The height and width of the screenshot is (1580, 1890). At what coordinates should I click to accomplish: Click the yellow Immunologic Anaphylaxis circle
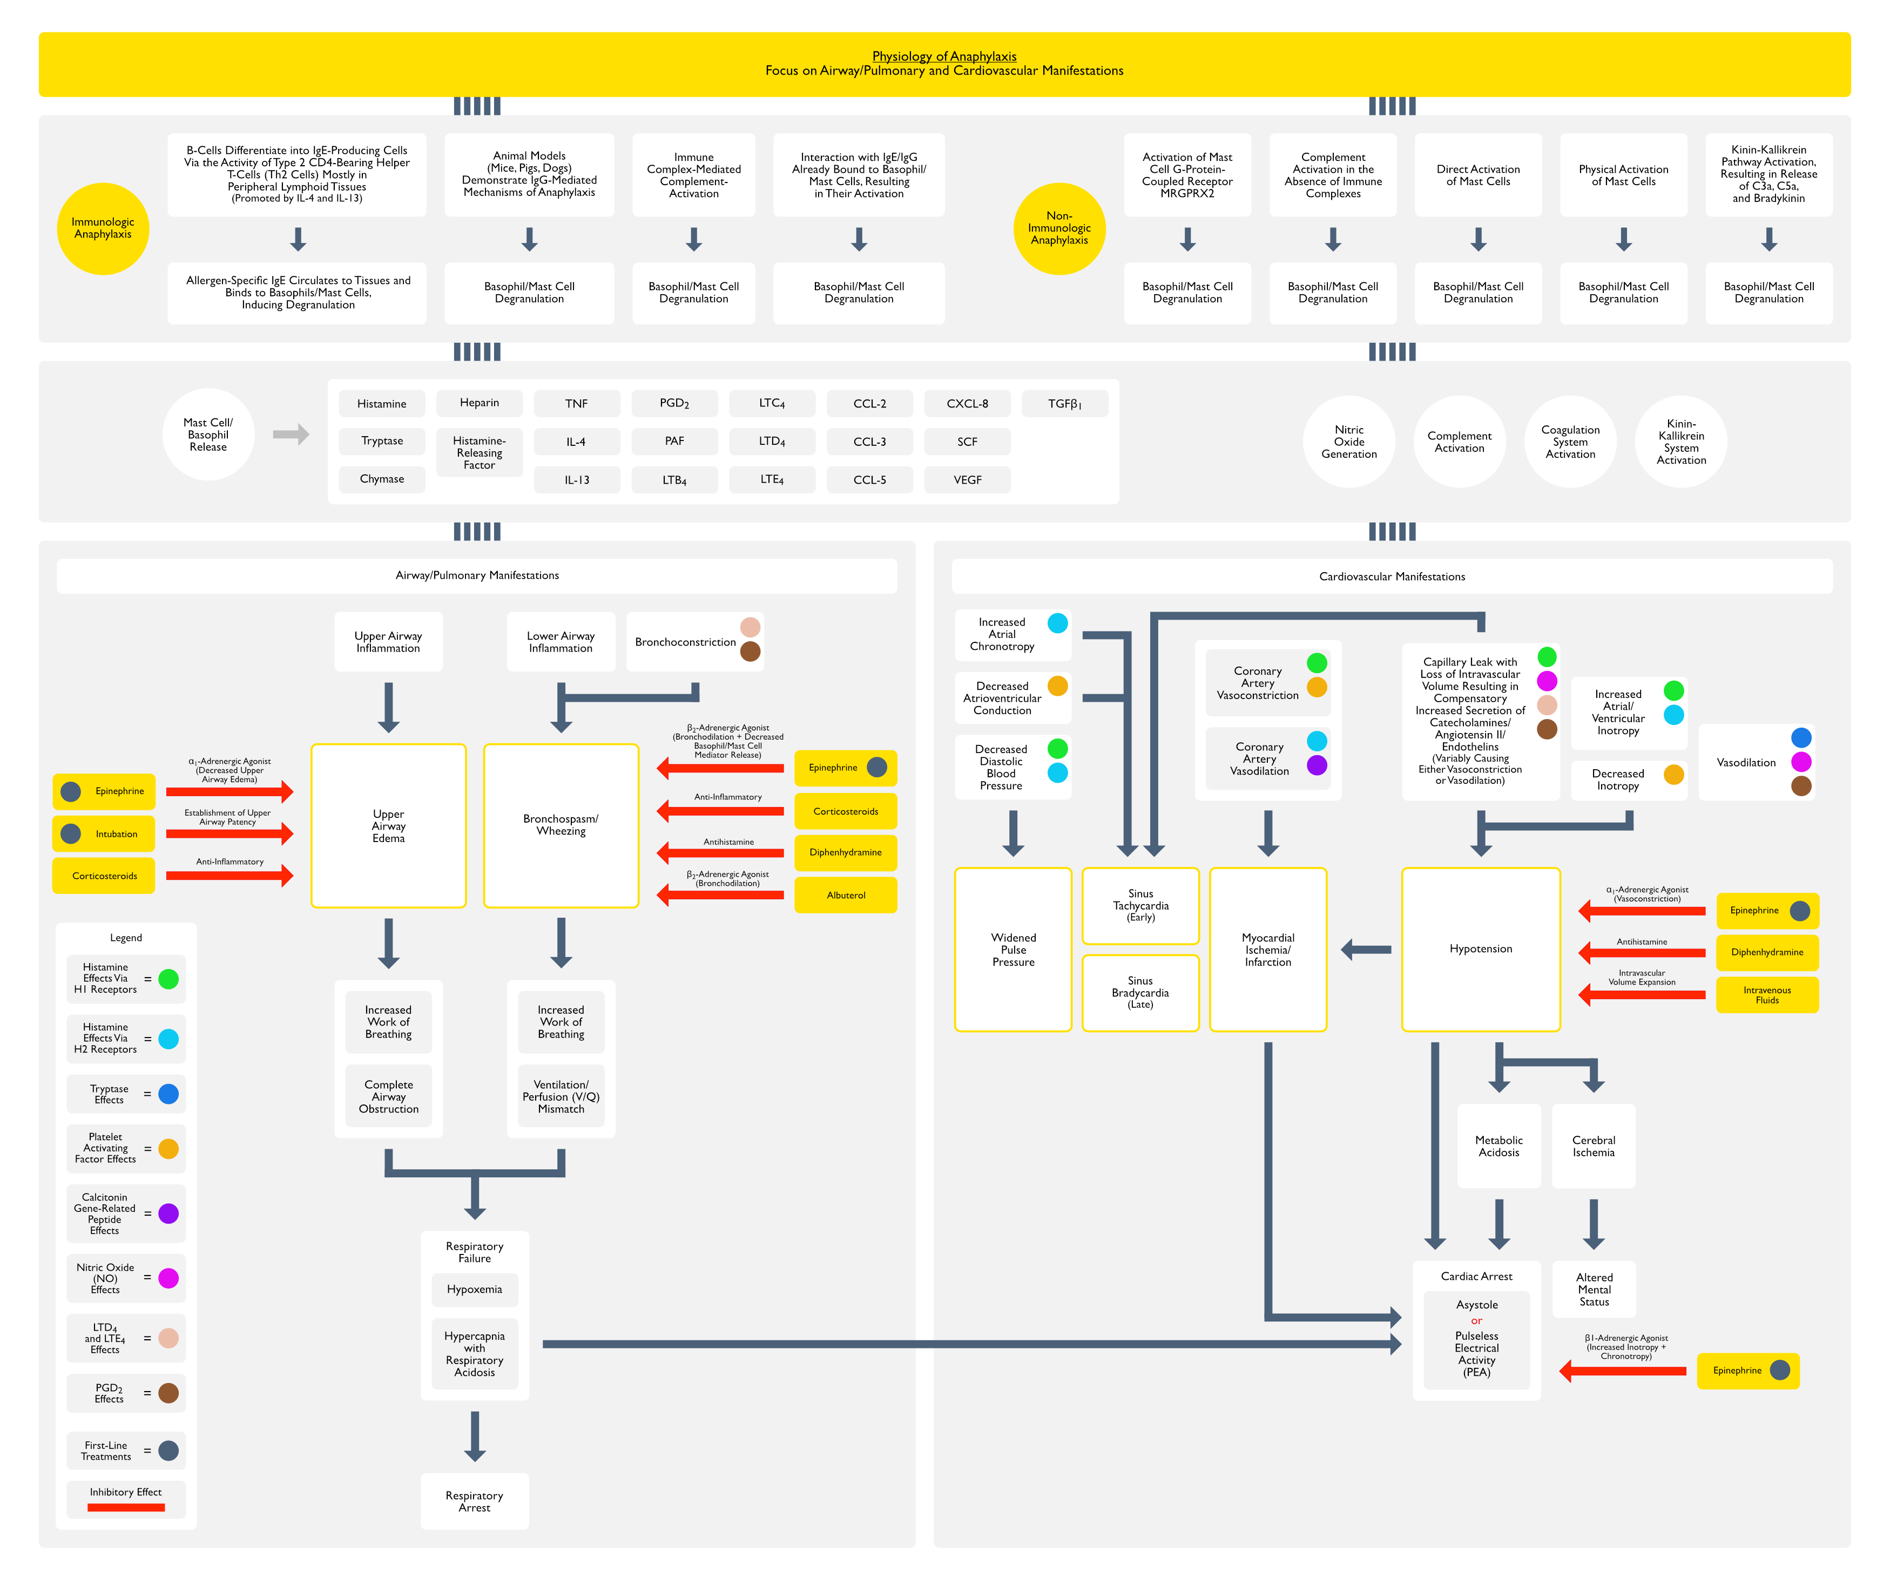coord(103,228)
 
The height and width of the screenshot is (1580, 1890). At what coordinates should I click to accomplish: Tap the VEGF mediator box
coord(968,479)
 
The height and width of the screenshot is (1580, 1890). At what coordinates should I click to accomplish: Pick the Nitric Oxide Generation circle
coord(1349,442)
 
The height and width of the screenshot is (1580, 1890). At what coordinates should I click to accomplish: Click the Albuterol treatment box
coord(846,896)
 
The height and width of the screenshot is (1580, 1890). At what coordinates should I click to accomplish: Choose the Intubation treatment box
coord(104,834)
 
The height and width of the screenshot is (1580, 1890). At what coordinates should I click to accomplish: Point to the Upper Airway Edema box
coord(389,826)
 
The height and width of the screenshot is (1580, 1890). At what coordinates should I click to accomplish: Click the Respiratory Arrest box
coord(474,1501)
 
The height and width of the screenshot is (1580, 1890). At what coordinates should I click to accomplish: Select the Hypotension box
coord(1481,950)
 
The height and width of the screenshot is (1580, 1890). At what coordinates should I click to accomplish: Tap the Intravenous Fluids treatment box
coord(1767,995)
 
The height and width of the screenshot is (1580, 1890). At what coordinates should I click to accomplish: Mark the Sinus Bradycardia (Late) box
coord(1140,993)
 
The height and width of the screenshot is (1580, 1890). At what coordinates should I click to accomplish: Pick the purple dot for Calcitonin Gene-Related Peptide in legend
coord(168,1214)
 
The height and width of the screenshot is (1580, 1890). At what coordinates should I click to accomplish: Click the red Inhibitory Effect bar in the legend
coord(126,1507)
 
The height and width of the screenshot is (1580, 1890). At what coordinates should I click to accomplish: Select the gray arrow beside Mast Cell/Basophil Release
coord(291,435)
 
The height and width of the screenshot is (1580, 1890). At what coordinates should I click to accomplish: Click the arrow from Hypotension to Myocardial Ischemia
coord(1366,950)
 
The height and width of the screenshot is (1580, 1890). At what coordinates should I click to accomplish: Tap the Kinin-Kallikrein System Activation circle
coord(1681,442)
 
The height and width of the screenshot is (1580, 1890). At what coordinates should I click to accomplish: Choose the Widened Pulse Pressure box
coord(1014,950)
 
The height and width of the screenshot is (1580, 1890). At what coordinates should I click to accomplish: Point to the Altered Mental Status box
coord(1594,1290)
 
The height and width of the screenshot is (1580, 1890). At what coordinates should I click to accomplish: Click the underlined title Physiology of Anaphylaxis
coord(944,56)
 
